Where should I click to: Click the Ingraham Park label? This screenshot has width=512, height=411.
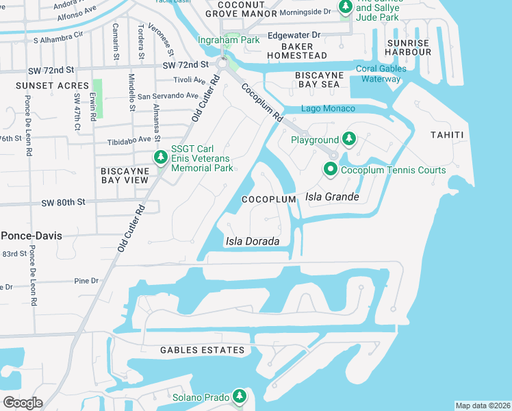229,40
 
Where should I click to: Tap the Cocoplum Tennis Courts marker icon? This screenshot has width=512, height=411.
331,170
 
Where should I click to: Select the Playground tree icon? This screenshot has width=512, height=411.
349,140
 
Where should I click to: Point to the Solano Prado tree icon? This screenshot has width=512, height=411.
239,397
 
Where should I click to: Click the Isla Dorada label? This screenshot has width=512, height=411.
252,242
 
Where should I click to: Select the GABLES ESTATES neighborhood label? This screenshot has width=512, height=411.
202,350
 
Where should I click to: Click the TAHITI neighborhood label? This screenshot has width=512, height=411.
447,134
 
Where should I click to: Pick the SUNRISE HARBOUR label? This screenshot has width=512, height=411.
407,48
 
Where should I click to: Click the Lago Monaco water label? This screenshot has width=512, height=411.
328,109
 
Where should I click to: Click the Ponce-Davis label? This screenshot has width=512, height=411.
31,236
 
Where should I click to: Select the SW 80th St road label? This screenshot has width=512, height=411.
62,203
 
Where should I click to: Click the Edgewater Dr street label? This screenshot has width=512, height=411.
294,35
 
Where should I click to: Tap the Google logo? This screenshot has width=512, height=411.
23,402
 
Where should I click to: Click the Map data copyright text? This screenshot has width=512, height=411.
482,406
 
